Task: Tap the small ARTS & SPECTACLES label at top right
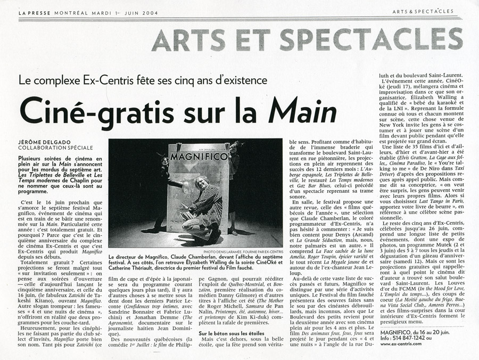pos(423,11)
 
